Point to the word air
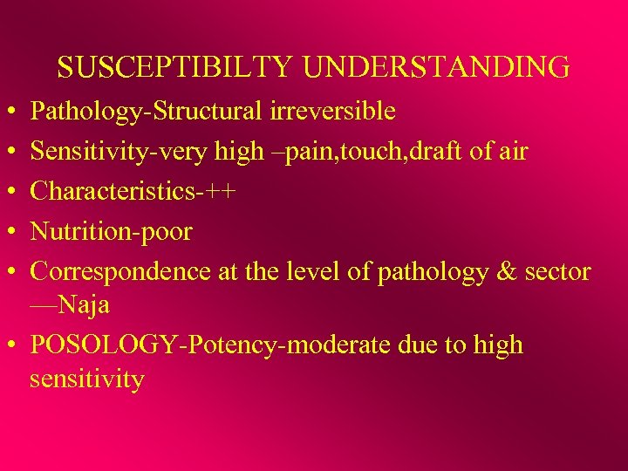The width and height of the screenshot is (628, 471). tap(512, 152)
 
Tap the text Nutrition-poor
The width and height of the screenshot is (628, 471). tap(111, 232)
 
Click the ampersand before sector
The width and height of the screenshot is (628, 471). tap(506, 272)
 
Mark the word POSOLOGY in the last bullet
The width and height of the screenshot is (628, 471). tap(103, 345)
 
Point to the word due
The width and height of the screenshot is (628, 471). tap(420, 345)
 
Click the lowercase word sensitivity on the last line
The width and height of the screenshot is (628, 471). tap(86, 379)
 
